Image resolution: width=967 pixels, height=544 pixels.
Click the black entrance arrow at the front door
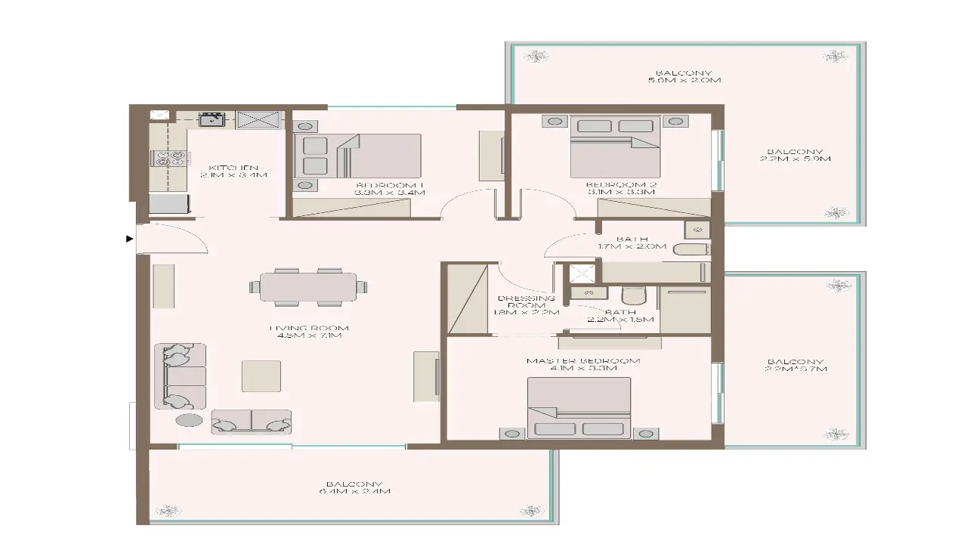pyautogui.click(x=129, y=240)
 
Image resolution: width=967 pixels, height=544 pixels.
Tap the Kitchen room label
pyautogui.click(x=234, y=171)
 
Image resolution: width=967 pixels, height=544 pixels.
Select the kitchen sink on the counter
pyautogui.click(x=211, y=119)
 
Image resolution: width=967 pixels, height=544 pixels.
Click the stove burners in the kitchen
pyautogui.click(x=170, y=159)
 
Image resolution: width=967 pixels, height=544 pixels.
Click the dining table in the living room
pyautogui.click(x=308, y=287)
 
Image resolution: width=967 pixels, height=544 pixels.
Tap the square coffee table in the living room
pyautogui.click(x=261, y=376)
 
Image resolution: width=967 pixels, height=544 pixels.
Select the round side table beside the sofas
pyautogui.click(x=189, y=420)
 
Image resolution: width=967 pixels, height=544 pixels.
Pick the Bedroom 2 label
pyautogui.click(x=620, y=188)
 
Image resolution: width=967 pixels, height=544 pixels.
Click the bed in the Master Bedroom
pyautogui.click(x=579, y=408)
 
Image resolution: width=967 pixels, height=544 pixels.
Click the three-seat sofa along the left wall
pyautogui.click(x=180, y=376)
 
